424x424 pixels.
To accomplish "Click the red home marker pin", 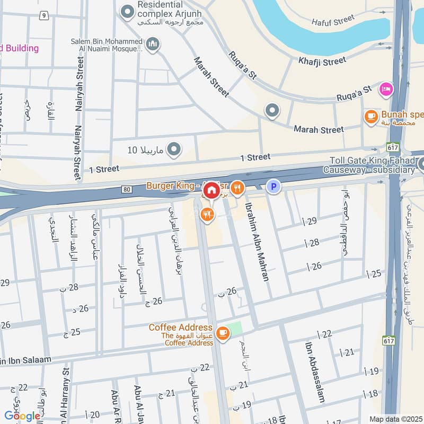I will (211, 190).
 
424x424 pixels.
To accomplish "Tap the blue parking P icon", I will (273, 187).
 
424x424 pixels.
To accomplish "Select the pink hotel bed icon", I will (386, 89).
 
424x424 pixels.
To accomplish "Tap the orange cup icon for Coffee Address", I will (223, 332).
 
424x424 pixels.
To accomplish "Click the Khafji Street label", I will (322, 61).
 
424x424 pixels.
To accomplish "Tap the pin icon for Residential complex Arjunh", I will (127, 10).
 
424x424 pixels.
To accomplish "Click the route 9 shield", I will (43, 15).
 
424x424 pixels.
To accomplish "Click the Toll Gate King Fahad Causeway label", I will (371, 165).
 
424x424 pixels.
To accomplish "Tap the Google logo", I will (22, 416).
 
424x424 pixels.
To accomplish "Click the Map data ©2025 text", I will (395, 419).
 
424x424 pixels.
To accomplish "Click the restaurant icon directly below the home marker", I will (207, 214).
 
